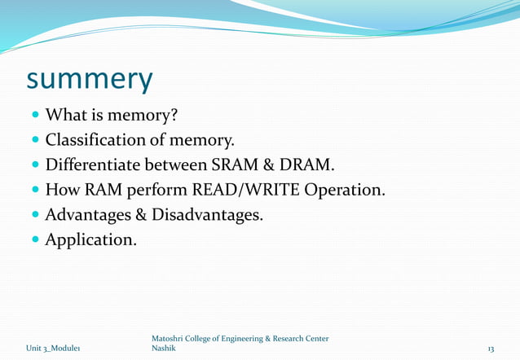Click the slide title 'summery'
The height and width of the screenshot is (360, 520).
pyautogui.click(x=90, y=80)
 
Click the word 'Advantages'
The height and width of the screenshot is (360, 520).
pyautogui.click(x=90, y=216)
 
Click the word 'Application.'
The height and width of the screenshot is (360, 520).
pyautogui.click(x=91, y=241)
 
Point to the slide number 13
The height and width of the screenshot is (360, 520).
pyautogui.click(x=491, y=349)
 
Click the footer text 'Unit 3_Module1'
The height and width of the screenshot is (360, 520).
pyautogui.click(x=52, y=349)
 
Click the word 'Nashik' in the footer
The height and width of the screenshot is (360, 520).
pyautogui.click(x=163, y=349)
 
